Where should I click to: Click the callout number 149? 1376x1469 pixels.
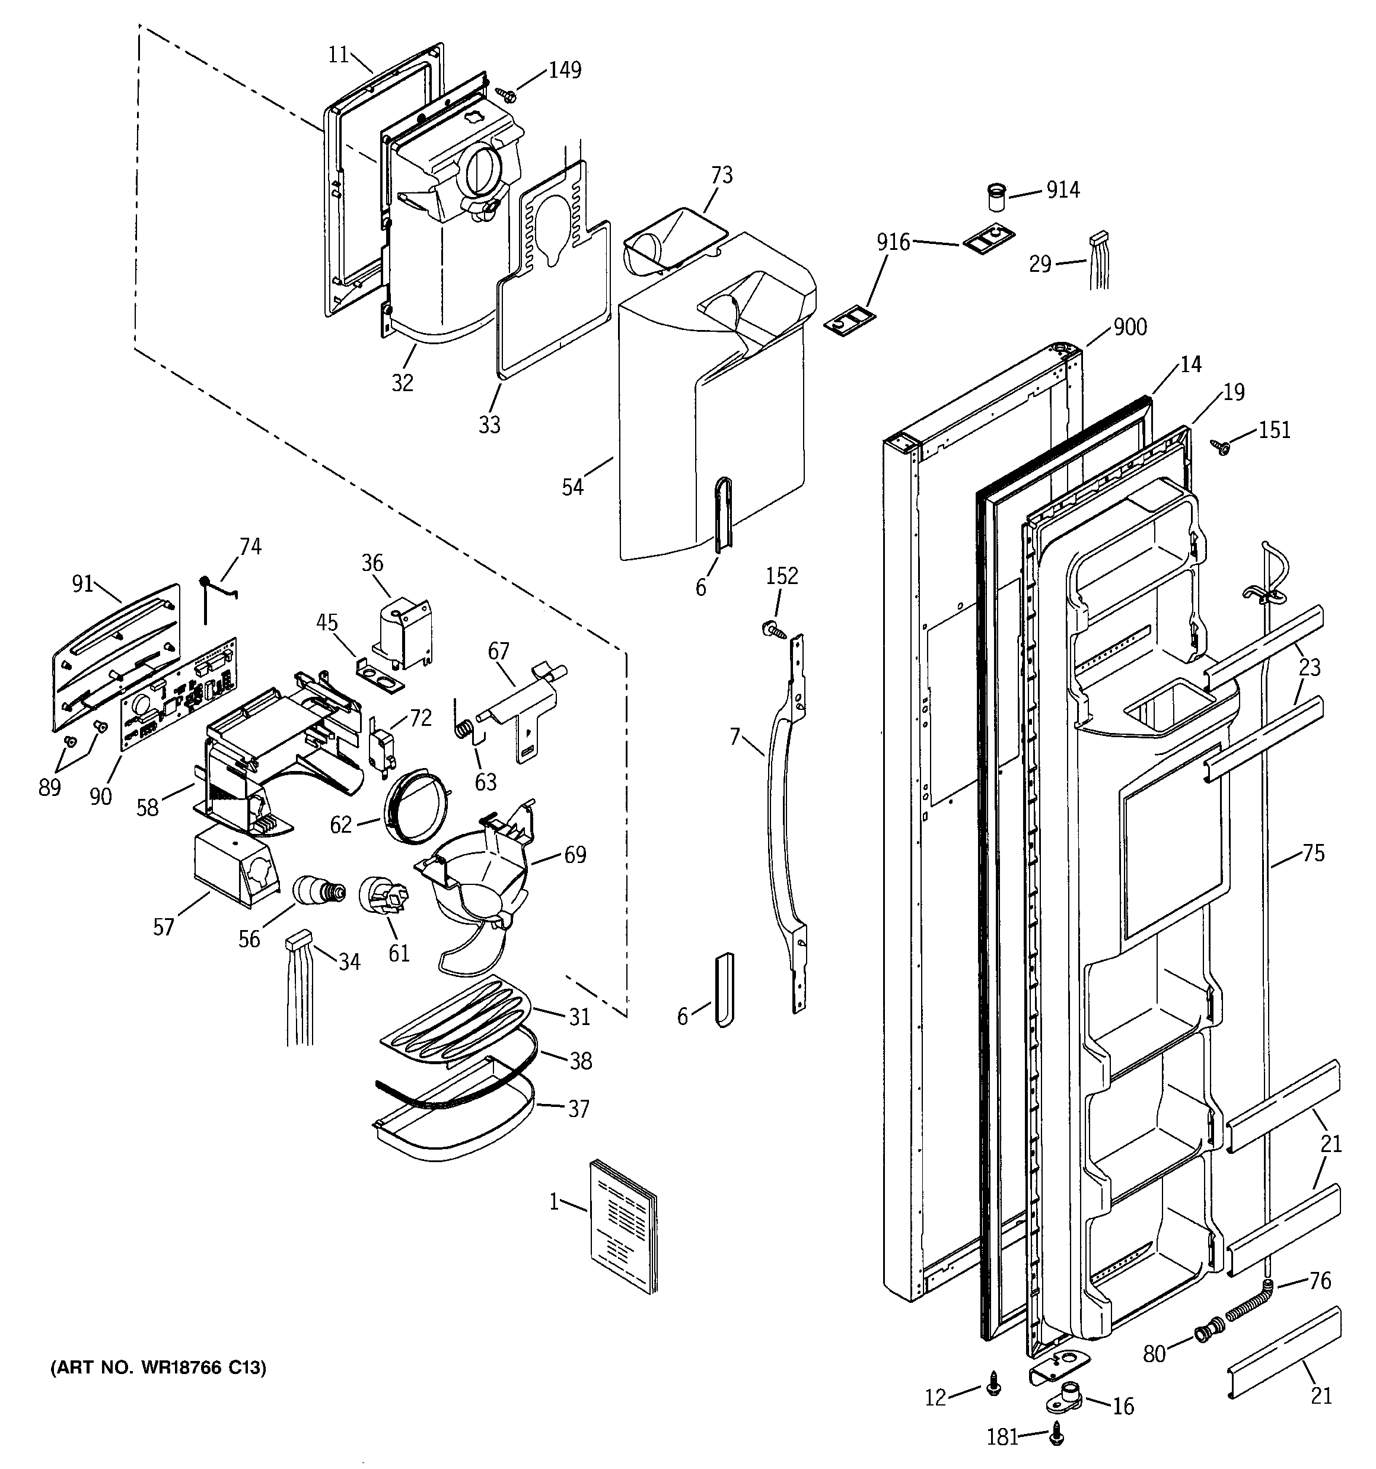[564, 70]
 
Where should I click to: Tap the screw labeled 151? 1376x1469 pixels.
[1221, 447]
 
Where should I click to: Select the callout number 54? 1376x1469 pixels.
[572, 487]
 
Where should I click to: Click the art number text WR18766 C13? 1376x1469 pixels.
[157, 1368]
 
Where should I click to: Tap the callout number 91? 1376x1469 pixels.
[82, 584]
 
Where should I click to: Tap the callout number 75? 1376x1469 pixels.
[1313, 854]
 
